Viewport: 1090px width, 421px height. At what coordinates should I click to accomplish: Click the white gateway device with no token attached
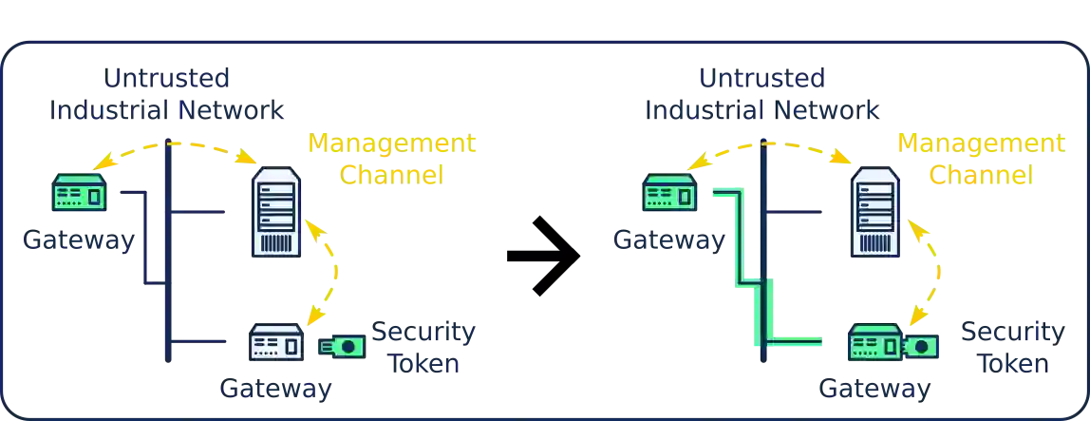pyautogui.click(x=276, y=343)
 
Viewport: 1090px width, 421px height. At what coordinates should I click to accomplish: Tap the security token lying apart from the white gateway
pyautogui.click(x=341, y=347)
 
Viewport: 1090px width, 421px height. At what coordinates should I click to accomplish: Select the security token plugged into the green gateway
pyautogui.click(x=922, y=346)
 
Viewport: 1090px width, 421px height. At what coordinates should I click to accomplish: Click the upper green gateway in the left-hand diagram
pyautogui.click(x=78, y=192)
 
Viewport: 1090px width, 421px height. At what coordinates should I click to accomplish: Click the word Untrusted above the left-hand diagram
pyautogui.click(x=167, y=77)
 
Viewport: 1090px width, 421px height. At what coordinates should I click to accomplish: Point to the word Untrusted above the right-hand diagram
pyautogui.click(x=761, y=77)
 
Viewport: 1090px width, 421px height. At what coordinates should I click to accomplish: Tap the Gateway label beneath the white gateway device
pyautogui.click(x=276, y=389)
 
